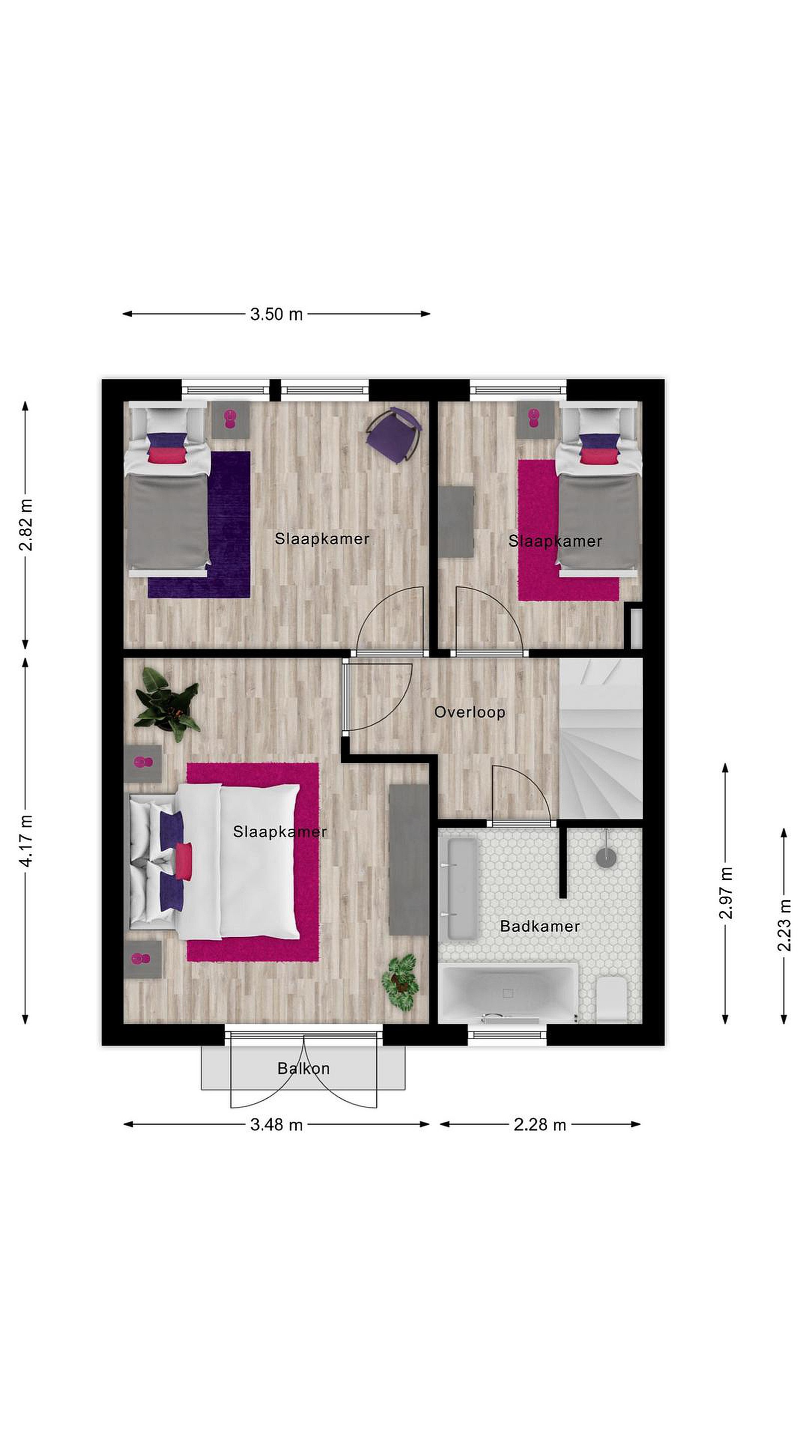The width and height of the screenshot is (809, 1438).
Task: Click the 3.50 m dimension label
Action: pyautogui.click(x=276, y=314)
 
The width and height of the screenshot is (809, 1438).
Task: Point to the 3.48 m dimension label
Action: pyautogui.click(x=276, y=1124)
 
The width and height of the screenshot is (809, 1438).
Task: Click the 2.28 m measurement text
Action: pyautogui.click(x=539, y=1124)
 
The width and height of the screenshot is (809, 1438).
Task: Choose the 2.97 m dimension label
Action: pyautogui.click(x=725, y=893)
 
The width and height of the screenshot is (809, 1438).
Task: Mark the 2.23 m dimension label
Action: pyautogui.click(x=784, y=925)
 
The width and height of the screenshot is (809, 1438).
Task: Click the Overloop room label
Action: pyautogui.click(x=469, y=713)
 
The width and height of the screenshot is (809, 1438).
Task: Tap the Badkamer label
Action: pyautogui.click(x=539, y=926)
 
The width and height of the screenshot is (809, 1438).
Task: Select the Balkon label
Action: pyautogui.click(x=303, y=1068)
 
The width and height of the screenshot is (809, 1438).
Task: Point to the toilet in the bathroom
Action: pyautogui.click(x=611, y=999)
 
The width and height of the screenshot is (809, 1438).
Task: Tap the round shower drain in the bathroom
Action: pyautogui.click(x=606, y=857)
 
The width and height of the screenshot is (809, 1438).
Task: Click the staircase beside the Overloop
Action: pyautogui.click(x=601, y=738)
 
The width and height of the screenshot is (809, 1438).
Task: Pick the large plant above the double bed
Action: pyautogui.click(x=167, y=704)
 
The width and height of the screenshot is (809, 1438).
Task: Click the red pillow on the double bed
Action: pyautogui.click(x=184, y=861)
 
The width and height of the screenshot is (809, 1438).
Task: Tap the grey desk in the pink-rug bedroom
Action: pyautogui.click(x=455, y=521)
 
